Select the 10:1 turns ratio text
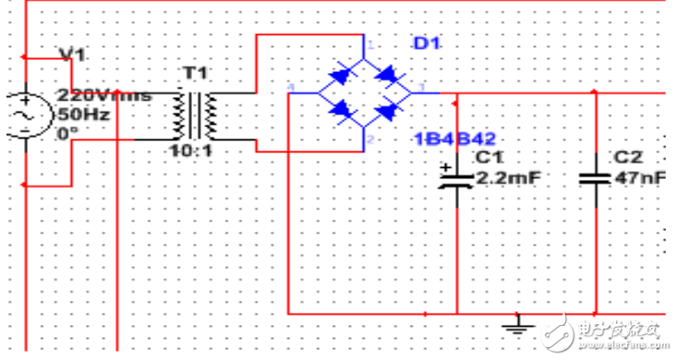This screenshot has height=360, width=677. [191, 150]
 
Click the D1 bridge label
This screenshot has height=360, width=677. [421, 42]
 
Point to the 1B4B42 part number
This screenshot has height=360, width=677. [447, 138]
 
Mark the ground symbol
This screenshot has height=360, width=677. [518, 322]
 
